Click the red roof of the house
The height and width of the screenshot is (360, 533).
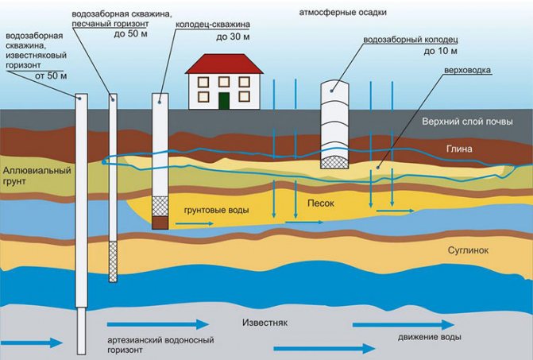(x=224, y=64)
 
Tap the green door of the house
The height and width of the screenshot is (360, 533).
(x=224, y=101)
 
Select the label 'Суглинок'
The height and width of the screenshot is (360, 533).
(x=468, y=250)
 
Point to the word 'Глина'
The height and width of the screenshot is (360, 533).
(x=459, y=149)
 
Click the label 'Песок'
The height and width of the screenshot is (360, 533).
(x=321, y=203)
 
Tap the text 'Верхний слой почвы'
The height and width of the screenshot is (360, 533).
(x=467, y=122)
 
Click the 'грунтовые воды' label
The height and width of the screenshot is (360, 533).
(x=217, y=211)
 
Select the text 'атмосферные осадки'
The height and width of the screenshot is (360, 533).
(x=342, y=13)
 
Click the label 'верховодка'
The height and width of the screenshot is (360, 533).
(x=468, y=70)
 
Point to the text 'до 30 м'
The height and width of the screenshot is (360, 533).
(x=234, y=37)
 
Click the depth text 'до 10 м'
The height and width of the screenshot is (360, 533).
(x=441, y=52)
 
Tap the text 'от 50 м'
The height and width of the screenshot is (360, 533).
(x=51, y=75)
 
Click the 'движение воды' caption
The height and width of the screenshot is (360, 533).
(x=430, y=337)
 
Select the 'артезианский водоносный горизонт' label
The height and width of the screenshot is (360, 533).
(x=160, y=345)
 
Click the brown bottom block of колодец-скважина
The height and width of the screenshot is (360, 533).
(x=160, y=223)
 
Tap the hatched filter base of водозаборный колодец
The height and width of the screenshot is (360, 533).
(x=335, y=162)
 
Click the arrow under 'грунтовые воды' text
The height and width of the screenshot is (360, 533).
(x=195, y=223)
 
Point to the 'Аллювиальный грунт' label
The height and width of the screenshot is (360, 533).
(x=37, y=176)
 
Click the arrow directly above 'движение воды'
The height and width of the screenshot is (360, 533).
(x=404, y=325)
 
